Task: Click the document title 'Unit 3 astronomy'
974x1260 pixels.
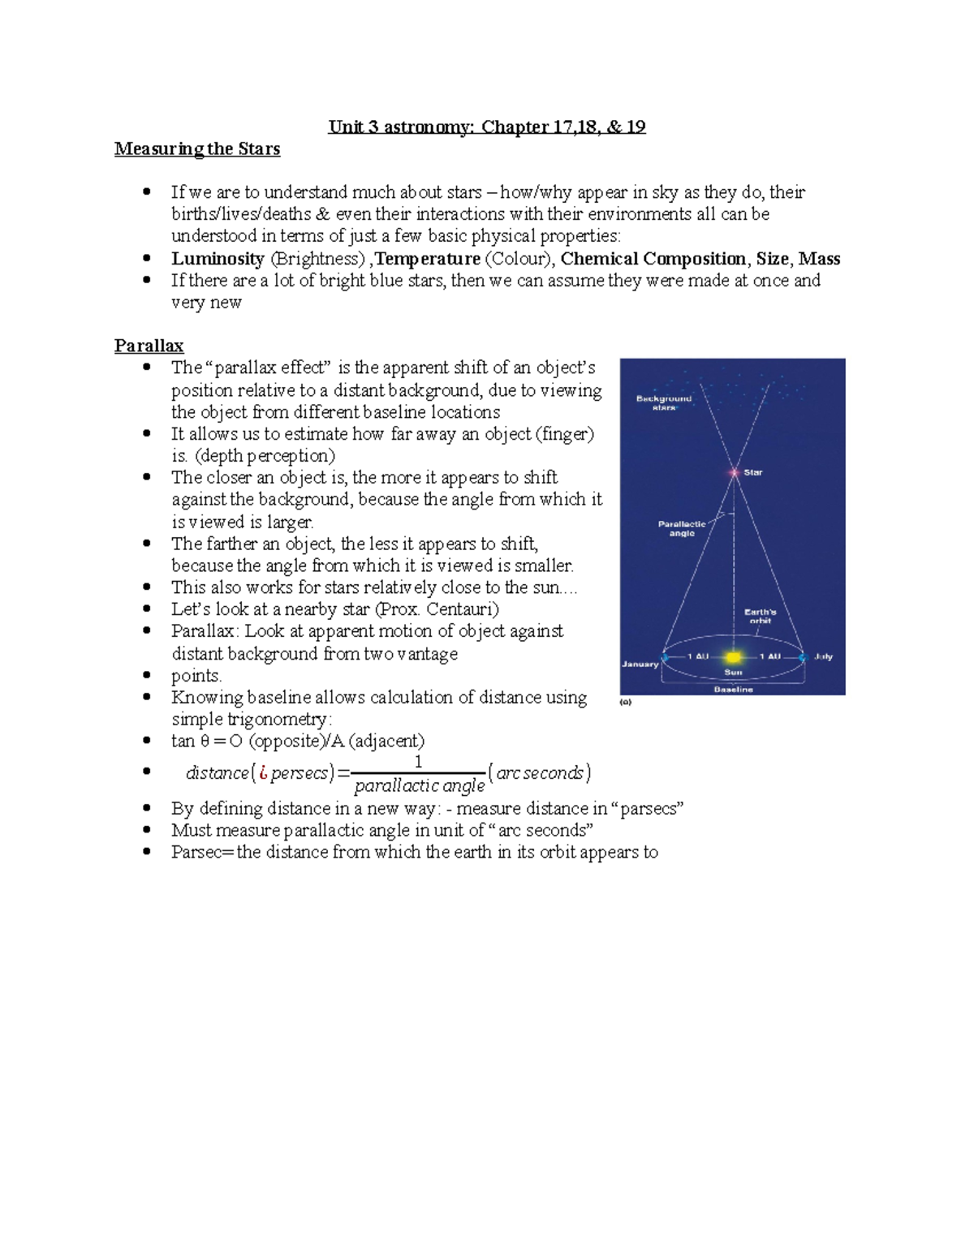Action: (487, 127)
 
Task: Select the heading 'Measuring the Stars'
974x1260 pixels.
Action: (197, 149)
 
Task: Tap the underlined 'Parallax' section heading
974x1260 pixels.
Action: (149, 346)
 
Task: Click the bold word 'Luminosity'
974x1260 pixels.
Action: (218, 259)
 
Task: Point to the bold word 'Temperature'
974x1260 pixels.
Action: (428, 259)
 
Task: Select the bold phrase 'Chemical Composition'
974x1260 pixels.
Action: (653, 259)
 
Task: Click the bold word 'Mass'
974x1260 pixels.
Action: (819, 259)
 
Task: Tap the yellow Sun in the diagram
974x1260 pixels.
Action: (734, 656)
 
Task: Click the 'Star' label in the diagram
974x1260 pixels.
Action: (753, 472)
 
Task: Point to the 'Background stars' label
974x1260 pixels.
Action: (664, 402)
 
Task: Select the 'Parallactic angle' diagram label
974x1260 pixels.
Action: (682, 528)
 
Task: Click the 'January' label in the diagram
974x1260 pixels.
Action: (640, 664)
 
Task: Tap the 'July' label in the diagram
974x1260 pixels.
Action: (823, 656)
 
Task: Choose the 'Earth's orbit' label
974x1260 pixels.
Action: (761, 616)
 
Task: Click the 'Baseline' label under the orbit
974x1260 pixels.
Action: (733, 689)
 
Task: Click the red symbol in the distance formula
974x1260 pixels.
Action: (263, 773)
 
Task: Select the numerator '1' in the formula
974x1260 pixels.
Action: (419, 762)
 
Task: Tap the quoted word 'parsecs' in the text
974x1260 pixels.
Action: (652, 809)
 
